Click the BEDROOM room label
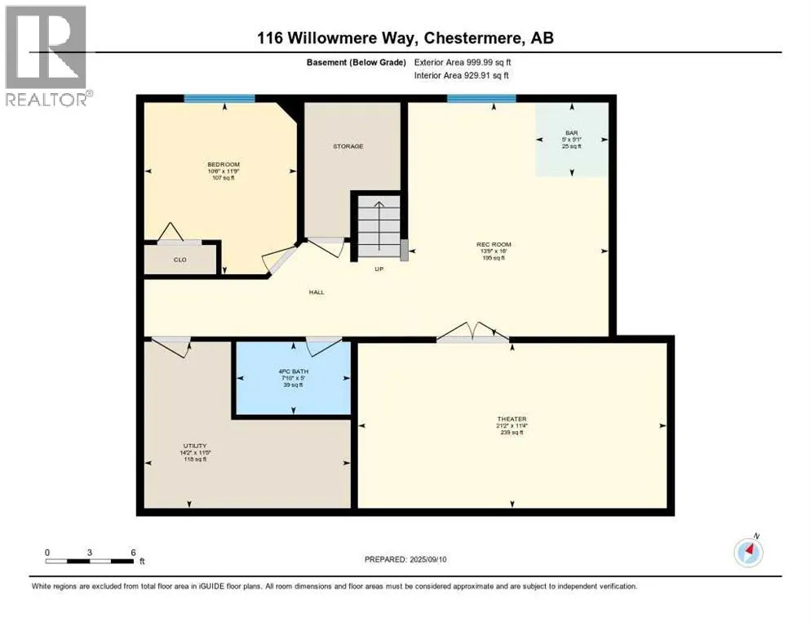coord(223,164)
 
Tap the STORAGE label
coord(348,146)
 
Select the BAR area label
coord(571,132)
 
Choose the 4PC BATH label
coord(290,372)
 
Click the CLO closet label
coord(180,260)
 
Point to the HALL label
coord(317,291)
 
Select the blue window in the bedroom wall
coord(219,99)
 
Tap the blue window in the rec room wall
coord(481,99)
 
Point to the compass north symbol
coord(748,553)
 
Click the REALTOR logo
coord(46,56)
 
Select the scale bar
coord(90,561)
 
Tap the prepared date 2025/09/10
coord(405,559)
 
